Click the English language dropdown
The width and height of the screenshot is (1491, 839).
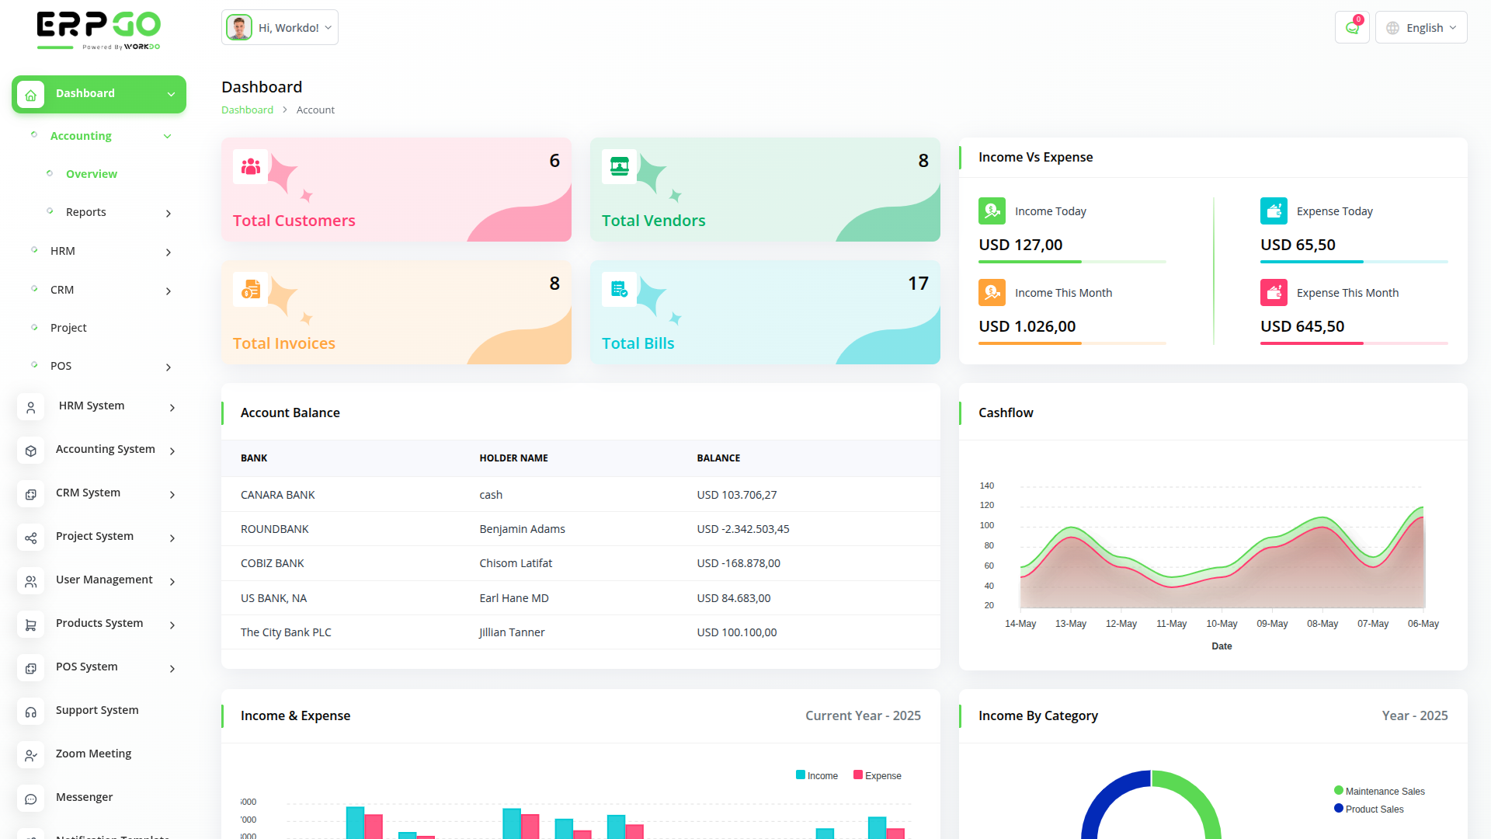1421,28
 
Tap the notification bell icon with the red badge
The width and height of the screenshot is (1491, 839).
1352,28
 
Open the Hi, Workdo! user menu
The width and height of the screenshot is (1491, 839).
280,28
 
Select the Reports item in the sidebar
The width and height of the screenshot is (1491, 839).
86,212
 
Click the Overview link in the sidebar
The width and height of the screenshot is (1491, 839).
92,174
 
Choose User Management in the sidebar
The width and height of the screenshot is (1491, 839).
104,580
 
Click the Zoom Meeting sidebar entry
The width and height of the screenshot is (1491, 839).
93,754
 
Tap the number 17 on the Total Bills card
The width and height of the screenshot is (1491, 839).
918,284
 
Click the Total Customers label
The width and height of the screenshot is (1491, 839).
294,221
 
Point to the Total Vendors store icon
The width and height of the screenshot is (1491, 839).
620,166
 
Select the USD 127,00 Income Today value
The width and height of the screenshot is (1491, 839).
1020,245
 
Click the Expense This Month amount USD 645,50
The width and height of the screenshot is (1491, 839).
1302,326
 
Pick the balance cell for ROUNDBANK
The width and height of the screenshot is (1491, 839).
743,529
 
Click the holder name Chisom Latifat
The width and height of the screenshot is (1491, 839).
516,563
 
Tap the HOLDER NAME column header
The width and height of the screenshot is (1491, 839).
513,458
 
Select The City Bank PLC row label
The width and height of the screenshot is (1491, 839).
286,632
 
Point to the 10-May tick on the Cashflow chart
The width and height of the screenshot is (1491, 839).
1222,624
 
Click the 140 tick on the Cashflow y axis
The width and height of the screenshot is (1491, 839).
987,486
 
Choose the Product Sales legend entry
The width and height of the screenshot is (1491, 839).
1374,809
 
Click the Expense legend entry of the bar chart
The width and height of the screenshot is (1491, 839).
882,776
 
